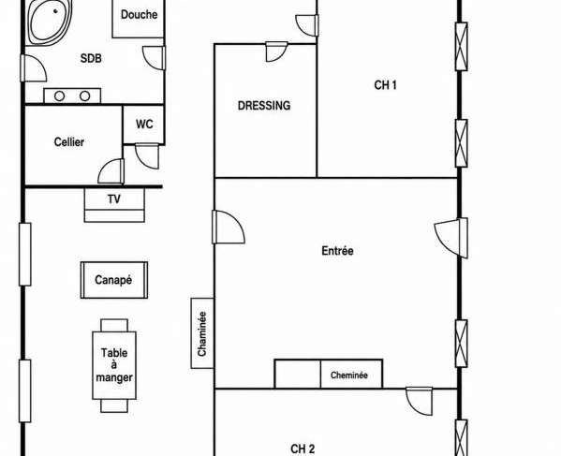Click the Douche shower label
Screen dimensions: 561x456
(140, 15)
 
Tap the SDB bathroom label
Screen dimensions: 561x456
(91, 58)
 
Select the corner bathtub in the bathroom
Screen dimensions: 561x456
(50, 22)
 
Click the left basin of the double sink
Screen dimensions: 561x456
(59, 96)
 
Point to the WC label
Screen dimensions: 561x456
(144, 125)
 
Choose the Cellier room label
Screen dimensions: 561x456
(69, 142)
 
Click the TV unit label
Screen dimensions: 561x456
(114, 199)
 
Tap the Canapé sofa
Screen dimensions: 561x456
(114, 280)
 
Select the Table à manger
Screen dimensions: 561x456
(114, 365)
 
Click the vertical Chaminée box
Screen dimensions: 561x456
(202, 333)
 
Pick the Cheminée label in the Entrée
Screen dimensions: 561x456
(348, 375)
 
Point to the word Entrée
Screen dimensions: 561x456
(337, 251)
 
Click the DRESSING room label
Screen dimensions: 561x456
(264, 106)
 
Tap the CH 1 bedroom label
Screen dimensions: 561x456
(385, 85)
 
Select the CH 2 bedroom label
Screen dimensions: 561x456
(303, 449)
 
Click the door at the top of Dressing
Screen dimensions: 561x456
(276, 51)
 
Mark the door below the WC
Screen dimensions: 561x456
(147, 156)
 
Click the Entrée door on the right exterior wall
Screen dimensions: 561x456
(451, 238)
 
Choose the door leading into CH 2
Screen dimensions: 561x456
(420, 401)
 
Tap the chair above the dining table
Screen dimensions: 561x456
(114, 325)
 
